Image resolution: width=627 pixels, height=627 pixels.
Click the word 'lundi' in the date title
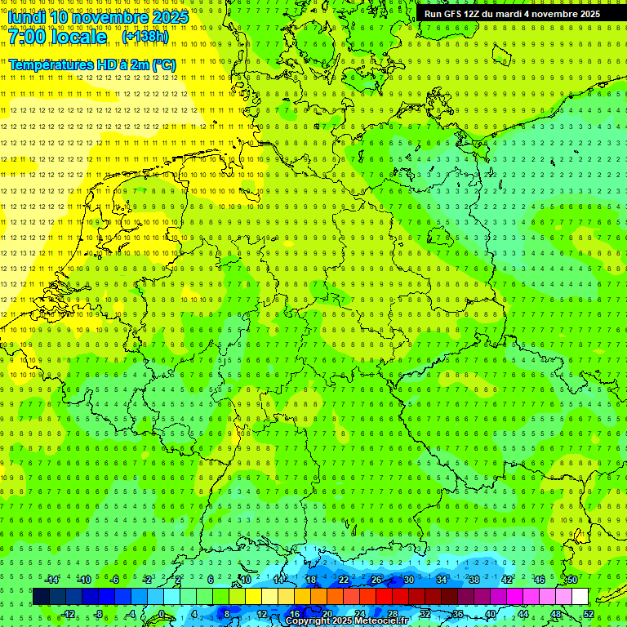pos(27,16)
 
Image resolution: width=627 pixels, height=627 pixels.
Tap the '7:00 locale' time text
pos(57,37)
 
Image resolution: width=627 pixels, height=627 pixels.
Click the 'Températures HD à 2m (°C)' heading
pos(91,64)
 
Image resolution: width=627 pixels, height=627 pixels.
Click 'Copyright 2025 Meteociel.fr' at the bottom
pos(347,621)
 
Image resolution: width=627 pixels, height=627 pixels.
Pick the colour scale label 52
pos(588,614)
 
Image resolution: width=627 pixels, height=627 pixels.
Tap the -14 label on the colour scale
pos(52,580)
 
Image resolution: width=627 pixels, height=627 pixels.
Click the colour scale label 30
pos(408,580)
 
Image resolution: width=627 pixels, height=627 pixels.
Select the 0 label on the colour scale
pos(161,614)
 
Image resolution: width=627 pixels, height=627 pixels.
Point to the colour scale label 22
pos(343,580)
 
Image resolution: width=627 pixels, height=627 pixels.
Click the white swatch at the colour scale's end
pos(580,597)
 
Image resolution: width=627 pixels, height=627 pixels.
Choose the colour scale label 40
pos(490,614)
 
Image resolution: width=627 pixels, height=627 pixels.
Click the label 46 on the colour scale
pos(539,580)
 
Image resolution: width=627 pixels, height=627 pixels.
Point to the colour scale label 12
pos(262,614)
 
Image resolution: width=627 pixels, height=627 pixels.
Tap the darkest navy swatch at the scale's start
pos(41,597)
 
